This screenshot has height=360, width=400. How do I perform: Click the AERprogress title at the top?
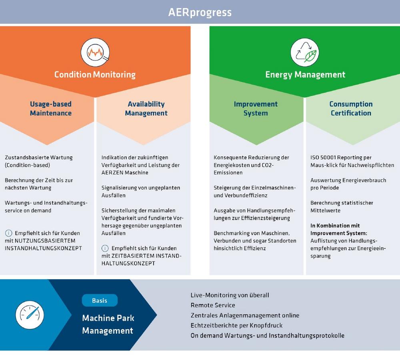(x=200, y=12)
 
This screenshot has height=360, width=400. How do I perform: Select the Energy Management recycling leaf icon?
(x=304, y=52)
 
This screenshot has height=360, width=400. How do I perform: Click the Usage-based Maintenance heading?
(x=51, y=108)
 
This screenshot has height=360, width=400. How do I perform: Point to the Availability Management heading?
(x=146, y=108)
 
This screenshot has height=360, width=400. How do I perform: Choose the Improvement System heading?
(x=256, y=108)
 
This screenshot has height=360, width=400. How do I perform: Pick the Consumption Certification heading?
(x=351, y=108)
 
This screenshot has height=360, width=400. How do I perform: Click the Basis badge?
(x=100, y=300)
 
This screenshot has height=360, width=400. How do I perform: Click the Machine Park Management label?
(x=108, y=324)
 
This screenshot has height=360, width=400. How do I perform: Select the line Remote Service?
(x=213, y=305)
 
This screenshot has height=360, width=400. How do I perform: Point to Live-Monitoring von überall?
(x=230, y=295)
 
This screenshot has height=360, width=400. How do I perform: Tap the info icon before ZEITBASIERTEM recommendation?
(x=105, y=248)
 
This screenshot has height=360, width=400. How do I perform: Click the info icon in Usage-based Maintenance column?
(x=8, y=233)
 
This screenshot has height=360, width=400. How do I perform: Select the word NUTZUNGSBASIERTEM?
(x=49, y=241)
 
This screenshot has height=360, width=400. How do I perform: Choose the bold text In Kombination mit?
(x=335, y=226)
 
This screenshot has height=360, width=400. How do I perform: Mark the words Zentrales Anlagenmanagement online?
(x=245, y=315)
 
